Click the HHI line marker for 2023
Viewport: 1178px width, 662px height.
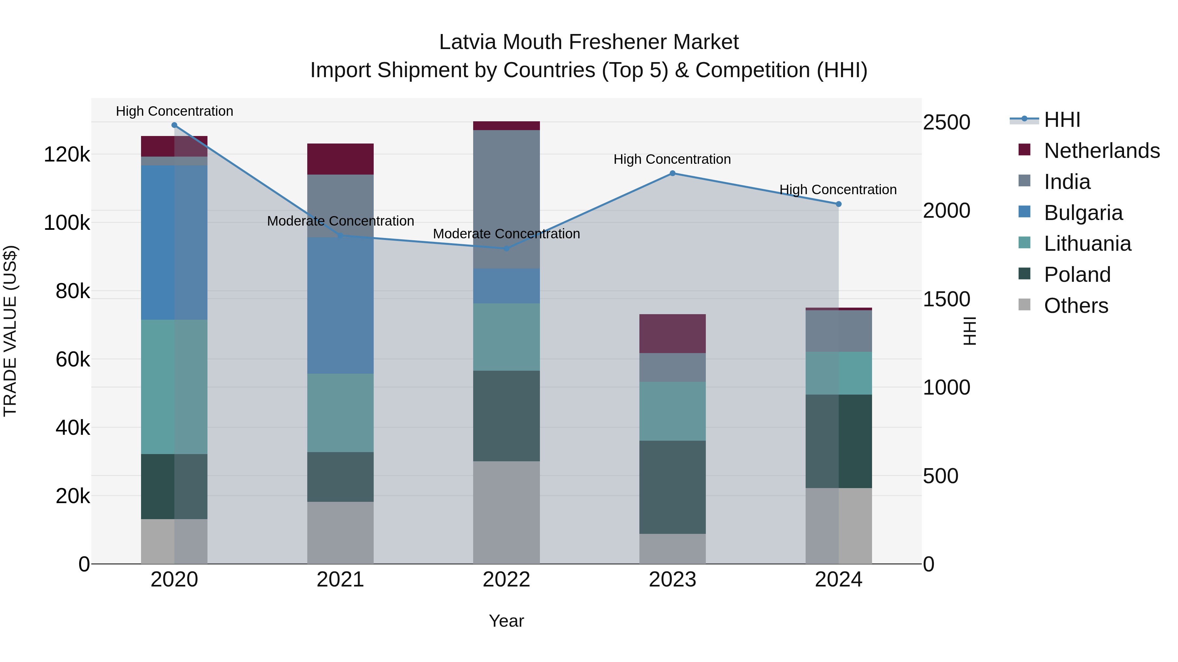point(672,173)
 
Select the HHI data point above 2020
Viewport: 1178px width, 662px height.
point(174,125)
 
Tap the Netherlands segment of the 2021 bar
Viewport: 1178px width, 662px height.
point(340,159)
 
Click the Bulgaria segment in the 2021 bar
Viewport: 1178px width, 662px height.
point(340,305)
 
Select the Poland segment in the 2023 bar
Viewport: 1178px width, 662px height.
point(672,487)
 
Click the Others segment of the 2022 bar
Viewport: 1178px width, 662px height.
point(506,512)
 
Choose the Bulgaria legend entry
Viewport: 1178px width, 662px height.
point(1083,213)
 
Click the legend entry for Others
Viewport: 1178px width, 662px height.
point(1076,306)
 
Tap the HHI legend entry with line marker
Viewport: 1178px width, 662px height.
point(1062,120)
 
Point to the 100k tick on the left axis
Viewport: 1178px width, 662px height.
point(67,223)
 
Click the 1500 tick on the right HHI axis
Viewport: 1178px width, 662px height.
point(946,299)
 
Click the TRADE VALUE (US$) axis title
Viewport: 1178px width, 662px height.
point(10,331)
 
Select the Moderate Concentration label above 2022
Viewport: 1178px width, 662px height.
point(506,234)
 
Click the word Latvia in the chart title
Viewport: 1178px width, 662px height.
point(468,42)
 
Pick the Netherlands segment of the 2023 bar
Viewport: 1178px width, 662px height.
point(672,333)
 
